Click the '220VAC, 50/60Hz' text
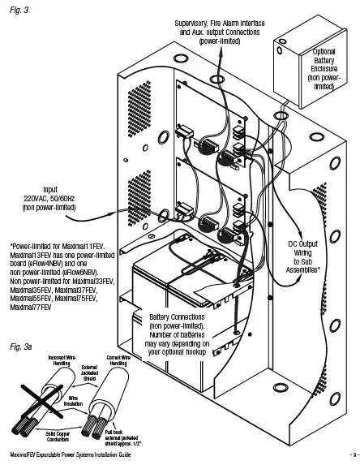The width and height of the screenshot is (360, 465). click(50, 196)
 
